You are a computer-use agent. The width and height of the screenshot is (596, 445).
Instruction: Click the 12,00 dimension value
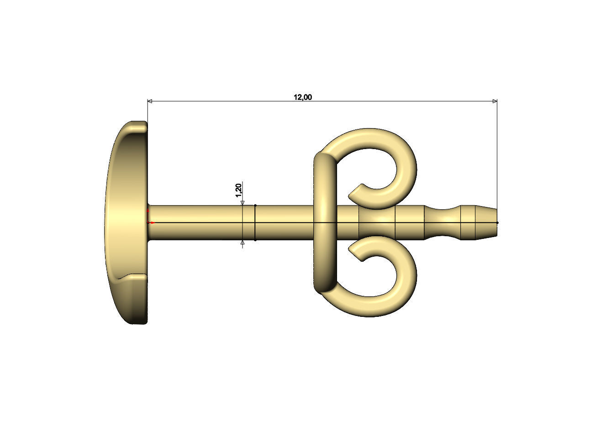click(303, 97)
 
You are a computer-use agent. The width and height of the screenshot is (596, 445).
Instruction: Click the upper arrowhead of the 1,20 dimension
click(243, 203)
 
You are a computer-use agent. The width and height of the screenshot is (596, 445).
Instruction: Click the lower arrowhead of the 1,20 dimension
click(243, 243)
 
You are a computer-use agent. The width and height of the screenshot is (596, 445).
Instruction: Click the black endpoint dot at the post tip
click(497, 222)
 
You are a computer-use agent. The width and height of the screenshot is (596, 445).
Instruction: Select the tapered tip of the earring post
click(486, 222)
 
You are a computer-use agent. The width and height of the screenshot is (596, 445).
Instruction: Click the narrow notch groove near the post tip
click(443, 222)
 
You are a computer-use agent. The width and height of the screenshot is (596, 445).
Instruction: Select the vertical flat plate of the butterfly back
click(325, 222)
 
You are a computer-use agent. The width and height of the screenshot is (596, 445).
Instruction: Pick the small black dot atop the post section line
click(255, 206)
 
